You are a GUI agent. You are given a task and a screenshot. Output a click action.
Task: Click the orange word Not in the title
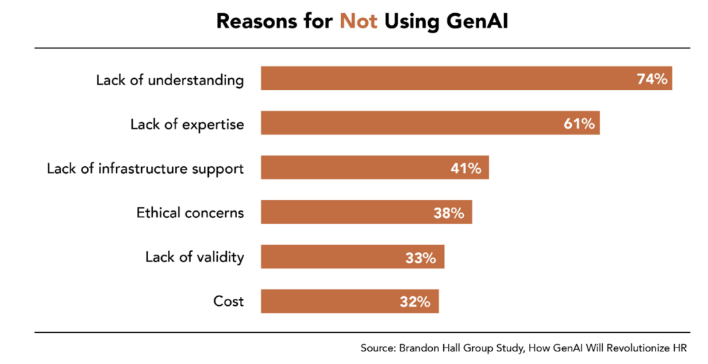pyautogui.click(x=358, y=21)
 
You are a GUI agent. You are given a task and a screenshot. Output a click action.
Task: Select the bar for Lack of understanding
pyautogui.click(x=442, y=79)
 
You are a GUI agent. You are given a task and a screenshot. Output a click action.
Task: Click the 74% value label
pyautogui.click(x=652, y=79)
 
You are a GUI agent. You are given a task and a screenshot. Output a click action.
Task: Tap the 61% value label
pyautogui.click(x=579, y=123)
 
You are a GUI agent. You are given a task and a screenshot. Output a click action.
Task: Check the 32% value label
pyautogui.click(x=416, y=302)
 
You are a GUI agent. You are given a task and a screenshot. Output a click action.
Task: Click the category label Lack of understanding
pyautogui.click(x=170, y=80)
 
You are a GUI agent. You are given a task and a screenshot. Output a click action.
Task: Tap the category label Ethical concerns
pyautogui.click(x=190, y=212)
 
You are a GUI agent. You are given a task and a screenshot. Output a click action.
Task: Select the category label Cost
pyautogui.click(x=229, y=302)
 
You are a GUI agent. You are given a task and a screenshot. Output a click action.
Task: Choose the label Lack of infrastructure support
pyautogui.click(x=145, y=168)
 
